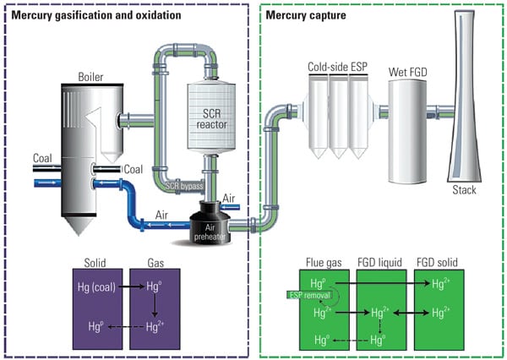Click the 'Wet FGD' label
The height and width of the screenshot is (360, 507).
point(409,73)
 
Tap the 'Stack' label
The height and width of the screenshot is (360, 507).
point(464,190)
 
